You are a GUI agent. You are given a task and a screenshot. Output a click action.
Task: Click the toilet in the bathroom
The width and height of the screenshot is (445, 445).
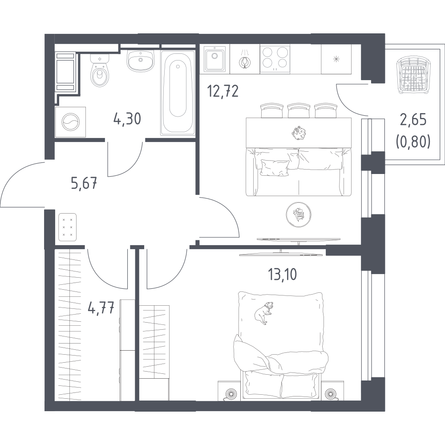click(x=100, y=71)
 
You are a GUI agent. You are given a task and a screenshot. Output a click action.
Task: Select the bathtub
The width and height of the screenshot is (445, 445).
click(x=178, y=93)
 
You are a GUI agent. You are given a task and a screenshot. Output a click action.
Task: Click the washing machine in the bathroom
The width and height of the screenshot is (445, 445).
click(x=70, y=122)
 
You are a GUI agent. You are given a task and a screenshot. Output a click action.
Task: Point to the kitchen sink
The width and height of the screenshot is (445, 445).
click(x=214, y=59)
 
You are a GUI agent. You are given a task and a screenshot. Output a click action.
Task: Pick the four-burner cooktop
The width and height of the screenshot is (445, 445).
click(x=275, y=59)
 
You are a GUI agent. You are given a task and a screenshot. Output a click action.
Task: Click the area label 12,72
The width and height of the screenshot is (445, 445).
click(x=223, y=91)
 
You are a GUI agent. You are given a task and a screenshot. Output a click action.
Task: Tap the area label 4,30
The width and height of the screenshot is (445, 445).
click(x=127, y=118)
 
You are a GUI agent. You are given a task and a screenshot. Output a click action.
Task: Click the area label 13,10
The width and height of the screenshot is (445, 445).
click(x=283, y=274)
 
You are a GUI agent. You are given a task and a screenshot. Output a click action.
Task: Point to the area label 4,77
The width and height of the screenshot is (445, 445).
click(x=101, y=307)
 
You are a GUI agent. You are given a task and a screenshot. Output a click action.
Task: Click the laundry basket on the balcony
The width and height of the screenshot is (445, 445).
click(x=413, y=75)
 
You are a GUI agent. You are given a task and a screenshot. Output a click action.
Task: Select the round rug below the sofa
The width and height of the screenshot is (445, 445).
click(x=298, y=214)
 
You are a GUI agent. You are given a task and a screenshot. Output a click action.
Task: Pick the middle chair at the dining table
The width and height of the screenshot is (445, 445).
click(x=299, y=110)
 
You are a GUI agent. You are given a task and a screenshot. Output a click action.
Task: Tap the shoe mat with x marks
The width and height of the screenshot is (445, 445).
click(x=68, y=227)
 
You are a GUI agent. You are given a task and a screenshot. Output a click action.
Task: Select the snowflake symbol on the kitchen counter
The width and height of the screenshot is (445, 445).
click(x=336, y=59)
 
